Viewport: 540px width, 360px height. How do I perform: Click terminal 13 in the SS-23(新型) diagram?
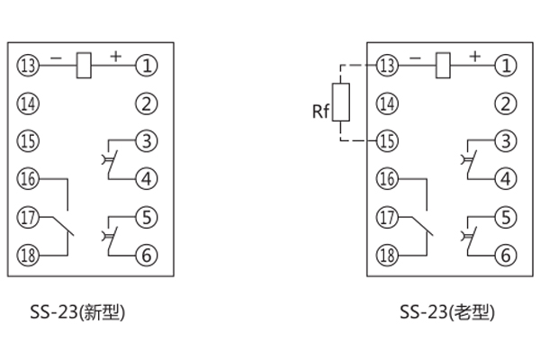click(28, 65)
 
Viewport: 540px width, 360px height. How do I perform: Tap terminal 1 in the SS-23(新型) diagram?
click(147, 65)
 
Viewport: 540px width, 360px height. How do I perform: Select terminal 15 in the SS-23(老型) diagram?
click(388, 141)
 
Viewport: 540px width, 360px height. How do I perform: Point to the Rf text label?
click(320, 112)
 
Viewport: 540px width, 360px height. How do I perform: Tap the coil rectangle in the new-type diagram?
click(82, 65)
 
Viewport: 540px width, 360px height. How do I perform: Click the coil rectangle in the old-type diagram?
click(442, 65)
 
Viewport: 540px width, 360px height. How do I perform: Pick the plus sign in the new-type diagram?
click(115, 56)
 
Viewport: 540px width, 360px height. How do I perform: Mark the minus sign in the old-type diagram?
click(415, 57)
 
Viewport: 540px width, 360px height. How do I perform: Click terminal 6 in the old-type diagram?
click(507, 255)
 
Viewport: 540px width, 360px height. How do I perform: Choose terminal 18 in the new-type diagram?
click(28, 255)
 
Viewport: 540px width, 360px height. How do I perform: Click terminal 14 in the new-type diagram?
click(28, 103)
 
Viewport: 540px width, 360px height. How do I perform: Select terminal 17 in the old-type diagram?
click(388, 217)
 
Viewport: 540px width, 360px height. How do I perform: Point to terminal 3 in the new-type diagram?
click(147, 140)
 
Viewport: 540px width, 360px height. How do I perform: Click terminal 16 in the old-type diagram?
click(388, 179)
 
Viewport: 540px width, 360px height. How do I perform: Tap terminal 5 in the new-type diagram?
click(147, 217)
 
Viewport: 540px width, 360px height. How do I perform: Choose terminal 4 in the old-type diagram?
click(507, 178)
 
